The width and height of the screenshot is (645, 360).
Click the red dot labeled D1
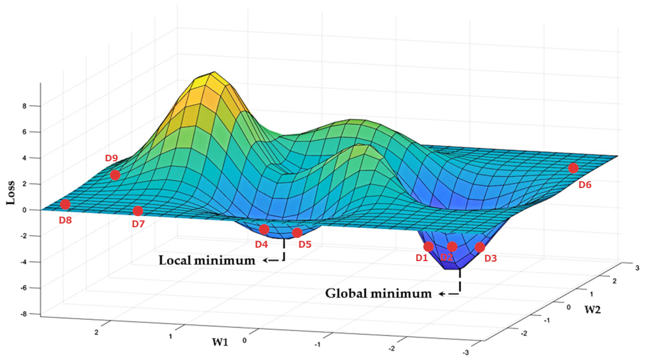coord(428,247)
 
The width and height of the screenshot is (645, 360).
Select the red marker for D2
coord(452,247)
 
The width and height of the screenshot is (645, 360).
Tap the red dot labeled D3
coord(480,248)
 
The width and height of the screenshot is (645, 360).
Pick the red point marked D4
coord(264,229)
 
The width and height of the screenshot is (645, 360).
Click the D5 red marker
coord(297,233)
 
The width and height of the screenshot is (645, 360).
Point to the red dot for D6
coord(573,168)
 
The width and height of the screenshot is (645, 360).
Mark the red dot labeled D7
coord(138,211)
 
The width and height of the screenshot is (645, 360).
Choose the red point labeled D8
coord(65,204)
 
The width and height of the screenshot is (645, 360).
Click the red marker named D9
coord(115,175)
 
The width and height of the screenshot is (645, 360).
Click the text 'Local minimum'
coord(206,261)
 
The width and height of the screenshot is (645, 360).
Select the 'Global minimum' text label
coord(378,294)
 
